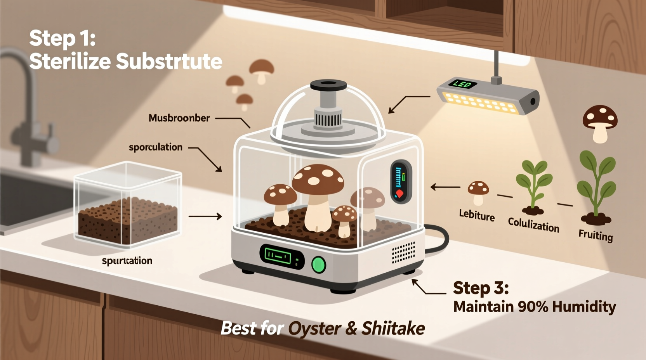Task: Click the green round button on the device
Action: click(x=319, y=265)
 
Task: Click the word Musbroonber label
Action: click(x=179, y=118)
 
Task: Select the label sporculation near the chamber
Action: click(x=155, y=147)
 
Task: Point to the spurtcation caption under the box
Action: click(x=127, y=261)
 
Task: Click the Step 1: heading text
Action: click(x=62, y=39)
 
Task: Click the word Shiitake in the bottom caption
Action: click(x=393, y=329)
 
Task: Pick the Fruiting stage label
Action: click(x=596, y=235)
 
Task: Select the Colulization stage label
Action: click(x=533, y=225)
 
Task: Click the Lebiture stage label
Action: click(x=477, y=215)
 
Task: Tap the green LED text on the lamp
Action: click(x=462, y=84)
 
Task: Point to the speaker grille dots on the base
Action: click(x=403, y=252)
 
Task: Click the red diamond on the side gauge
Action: click(x=399, y=194)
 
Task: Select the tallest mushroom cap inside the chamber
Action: click(x=318, y=179)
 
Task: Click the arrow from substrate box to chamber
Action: click(x=205, y=216)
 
